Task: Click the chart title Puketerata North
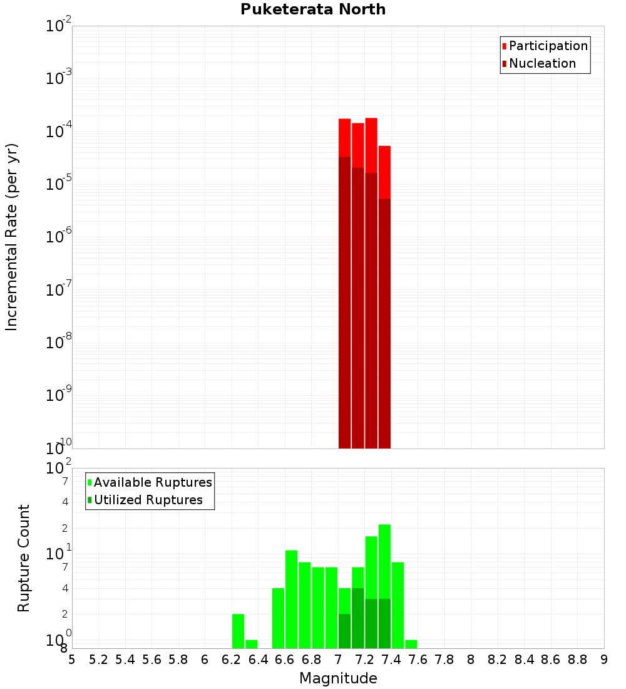pyautogui.click(x=313, y=9)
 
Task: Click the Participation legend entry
pyautogui.click(x=548, y=46)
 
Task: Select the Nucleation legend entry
pyautogui.click(x=542, y=63)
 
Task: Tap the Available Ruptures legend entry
pyautogui.click(x=152, y=482)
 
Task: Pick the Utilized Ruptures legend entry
pyautogui.click(x=148, y=500)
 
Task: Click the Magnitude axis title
pyautogui.click(x=338, y=678)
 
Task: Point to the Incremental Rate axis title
pyautogui.click(x=12, y=237)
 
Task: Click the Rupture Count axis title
pyautogui.click(x=24, y=558)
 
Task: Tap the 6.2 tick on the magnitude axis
pyautogui.click(x=232, y=660)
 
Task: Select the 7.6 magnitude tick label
pyautogui.click(x=418, y=660)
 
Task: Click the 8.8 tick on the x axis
pyautogui.click(x=578, y=660)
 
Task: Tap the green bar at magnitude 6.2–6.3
pyautogui.click(x=238, y=631)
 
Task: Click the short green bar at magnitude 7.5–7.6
pyautogui.click(x=411, y=644)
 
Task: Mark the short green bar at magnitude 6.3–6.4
pyautogui.click(x=252, y=644)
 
